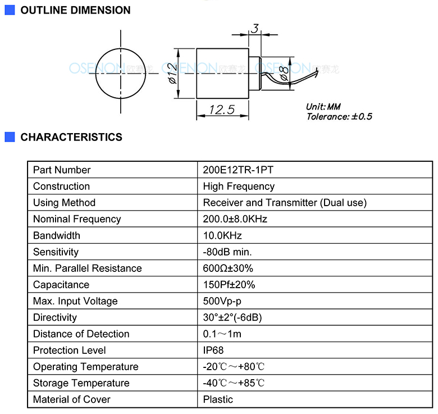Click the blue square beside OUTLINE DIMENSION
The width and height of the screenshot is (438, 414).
click(x=10, y=10)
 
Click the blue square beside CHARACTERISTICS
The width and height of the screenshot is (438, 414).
click(x=10, y=137)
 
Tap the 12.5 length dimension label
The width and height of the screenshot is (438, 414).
click(x=222, y=110)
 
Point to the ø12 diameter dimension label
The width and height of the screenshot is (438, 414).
click(x=172, y=74)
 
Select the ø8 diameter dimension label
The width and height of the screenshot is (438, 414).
click(x=284, y=74)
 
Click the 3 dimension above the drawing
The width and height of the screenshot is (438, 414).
click(x=255, y=29)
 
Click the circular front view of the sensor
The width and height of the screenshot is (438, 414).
click(x=121, y=74)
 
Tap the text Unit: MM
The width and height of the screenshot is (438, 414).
click(x=323, y=106)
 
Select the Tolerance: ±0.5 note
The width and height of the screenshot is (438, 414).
click(x=339, y=116)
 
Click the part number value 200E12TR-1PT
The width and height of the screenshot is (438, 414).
click(x=238, y=170)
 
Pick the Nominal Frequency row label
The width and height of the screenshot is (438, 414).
click(x=77, y=219)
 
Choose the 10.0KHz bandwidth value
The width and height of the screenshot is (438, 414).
click(x=222, y=235)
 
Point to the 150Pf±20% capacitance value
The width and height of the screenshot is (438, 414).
click(x=229, y=285)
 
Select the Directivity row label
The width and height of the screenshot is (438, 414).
click(x=55, y=317)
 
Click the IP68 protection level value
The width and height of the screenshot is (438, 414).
click(x=213, y=351)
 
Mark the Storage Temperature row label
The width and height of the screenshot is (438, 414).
click(x=81, y=383)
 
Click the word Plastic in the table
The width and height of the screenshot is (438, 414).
click(x=218, y=399)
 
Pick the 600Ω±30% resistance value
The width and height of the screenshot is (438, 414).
click(x=228, y=269)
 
